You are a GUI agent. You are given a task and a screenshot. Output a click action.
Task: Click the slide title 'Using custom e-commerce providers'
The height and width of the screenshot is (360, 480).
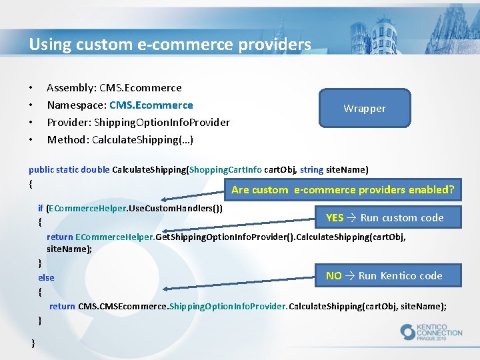tap(169, 45)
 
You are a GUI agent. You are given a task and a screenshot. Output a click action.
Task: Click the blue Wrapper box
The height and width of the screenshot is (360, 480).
tap(364, 108)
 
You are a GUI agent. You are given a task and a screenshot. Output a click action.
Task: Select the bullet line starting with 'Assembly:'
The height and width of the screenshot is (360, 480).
tap(114, 87)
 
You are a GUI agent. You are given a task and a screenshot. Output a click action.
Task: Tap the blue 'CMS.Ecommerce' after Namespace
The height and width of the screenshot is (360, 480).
tap(151, 105)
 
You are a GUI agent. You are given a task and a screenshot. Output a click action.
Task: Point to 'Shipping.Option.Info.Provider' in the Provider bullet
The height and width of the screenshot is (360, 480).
tap(162, 122)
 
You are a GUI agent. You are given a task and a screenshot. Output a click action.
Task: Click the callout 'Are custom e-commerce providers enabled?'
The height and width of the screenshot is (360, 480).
tap(342, 189)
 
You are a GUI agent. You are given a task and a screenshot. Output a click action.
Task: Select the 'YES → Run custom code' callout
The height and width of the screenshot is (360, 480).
tap(385, 217)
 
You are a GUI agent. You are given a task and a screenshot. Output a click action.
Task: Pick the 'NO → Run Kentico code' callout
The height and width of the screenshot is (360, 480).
tap(383, 275)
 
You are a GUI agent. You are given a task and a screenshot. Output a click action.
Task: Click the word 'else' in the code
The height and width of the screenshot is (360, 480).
tap(46, 277)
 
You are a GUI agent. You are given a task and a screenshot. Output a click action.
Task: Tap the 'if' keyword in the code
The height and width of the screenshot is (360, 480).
tap(41, 208)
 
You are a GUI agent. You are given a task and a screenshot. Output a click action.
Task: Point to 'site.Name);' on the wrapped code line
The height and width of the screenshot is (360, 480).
tap(69, 249)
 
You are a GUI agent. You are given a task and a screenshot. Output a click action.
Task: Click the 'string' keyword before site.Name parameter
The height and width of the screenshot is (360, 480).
tap(311, 169)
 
